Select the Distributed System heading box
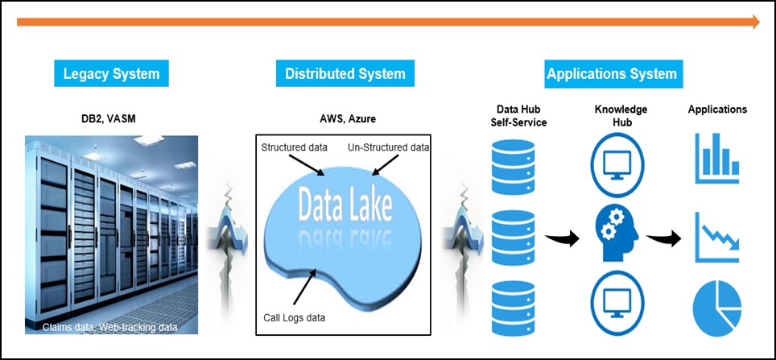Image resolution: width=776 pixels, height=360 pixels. [345, 74]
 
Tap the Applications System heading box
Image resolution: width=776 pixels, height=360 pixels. [612, 74]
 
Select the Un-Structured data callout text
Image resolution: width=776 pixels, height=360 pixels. [388, 148]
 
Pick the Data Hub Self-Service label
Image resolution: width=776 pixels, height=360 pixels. [519, 115]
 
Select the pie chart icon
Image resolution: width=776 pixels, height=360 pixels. [716, 308]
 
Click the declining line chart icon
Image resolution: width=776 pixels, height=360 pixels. [717, 234]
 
